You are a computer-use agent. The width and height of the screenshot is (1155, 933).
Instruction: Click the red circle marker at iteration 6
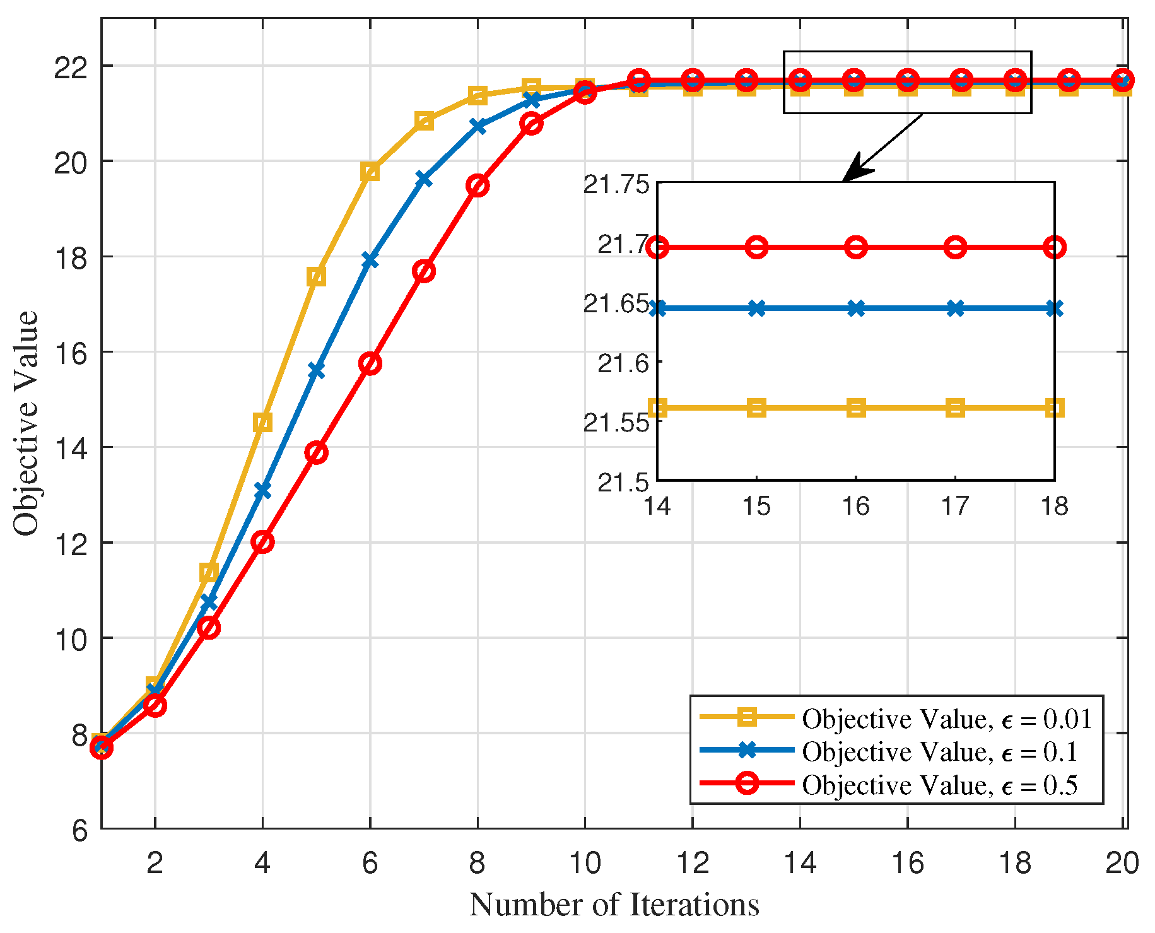pos(370,364)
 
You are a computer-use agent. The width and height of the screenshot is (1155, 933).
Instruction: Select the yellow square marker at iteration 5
pos(317,276)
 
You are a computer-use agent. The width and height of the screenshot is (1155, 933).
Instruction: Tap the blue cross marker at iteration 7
pos(424,180)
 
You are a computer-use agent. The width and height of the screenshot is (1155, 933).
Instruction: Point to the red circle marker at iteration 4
pos(262,542)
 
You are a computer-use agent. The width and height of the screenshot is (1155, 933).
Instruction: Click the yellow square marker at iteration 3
pos(209,573)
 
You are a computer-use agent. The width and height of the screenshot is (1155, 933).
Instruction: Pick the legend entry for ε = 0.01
pos(896,719)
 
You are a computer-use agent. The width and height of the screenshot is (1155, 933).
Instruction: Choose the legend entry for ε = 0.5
pos(896,785)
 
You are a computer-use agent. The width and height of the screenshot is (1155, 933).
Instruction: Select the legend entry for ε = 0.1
pos(896,751)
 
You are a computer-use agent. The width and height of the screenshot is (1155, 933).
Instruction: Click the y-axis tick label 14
pos(71,448)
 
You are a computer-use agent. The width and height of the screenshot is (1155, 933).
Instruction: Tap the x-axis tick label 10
pos(585,862)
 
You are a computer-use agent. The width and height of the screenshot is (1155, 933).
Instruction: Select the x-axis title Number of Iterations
pos(614,905)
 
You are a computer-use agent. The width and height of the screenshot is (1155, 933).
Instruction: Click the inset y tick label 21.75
pos(616,185)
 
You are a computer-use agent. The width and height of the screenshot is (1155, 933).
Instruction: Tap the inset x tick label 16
pos(856,506)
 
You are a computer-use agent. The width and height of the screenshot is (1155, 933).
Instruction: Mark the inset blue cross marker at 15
pos(757,308)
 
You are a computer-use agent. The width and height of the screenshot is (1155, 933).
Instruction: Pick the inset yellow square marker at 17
pos(956,408)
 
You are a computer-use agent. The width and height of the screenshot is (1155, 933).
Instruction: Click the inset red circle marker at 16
pos(856,247)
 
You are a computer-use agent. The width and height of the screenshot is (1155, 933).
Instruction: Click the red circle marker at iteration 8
pos(478,186)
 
